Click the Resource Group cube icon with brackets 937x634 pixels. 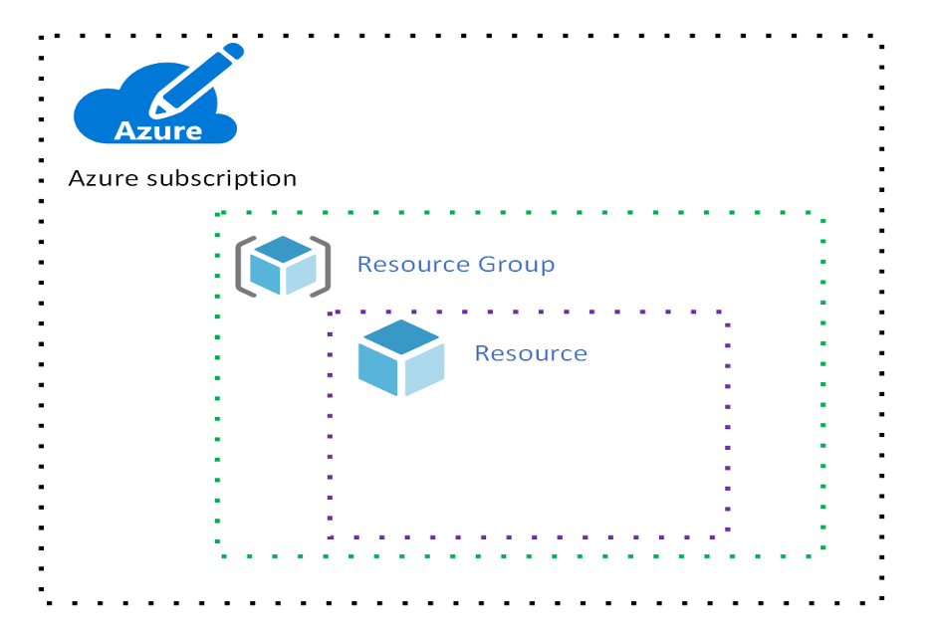click(x=283, y=266)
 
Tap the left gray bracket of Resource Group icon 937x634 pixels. click(x=243, y=266)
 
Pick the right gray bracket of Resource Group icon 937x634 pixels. click(x=323, y=266)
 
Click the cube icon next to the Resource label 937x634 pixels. click(x=400, y=357)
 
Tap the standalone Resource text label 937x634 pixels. click(x=531, y=353)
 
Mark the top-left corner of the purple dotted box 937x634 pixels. click(x=331, y=312)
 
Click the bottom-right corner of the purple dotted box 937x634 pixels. click(x=728, y=536)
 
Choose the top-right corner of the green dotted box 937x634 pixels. click(x=822, y=214)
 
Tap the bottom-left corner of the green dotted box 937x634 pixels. click(x=218, y=554)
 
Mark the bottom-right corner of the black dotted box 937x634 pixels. click(x=882, y=601)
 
